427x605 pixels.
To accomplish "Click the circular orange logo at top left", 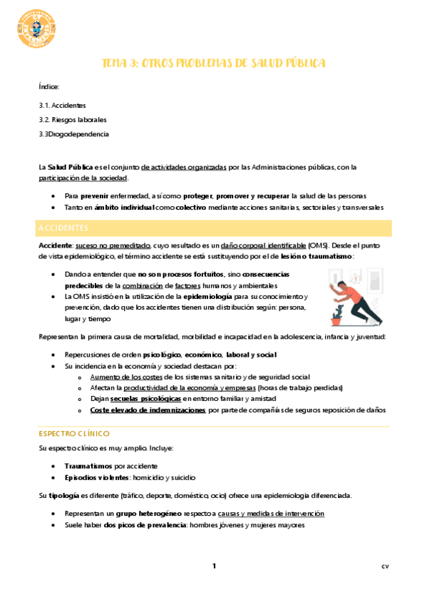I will point(34,31).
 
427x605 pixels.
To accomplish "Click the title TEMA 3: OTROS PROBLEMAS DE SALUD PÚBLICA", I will point(214,63).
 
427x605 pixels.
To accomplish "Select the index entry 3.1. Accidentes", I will point(63,105).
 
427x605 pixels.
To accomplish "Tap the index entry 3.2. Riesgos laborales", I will point(73,119).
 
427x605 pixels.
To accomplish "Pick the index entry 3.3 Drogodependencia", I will point(74,133).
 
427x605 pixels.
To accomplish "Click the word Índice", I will point(50,86).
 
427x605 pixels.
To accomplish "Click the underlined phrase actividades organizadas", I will point(184,167).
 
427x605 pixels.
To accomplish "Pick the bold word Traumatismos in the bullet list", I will point(88,465).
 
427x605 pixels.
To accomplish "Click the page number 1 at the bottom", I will point(213,566).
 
